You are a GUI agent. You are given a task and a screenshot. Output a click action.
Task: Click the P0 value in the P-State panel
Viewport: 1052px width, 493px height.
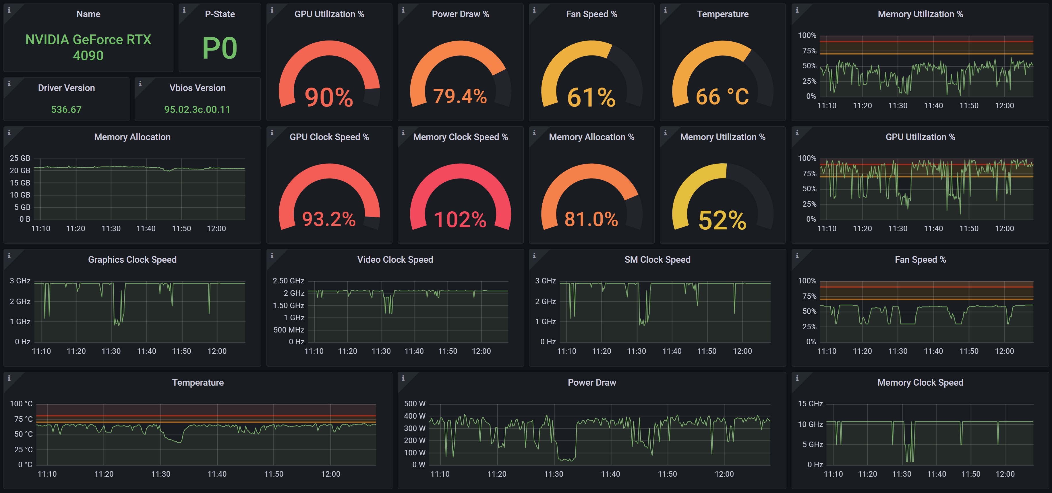click(x=220, y=48)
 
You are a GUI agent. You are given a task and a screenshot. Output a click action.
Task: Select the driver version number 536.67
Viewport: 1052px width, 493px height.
click(x=66, y=109)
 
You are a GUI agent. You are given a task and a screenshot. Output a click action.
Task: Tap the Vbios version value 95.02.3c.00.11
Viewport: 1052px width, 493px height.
click(x=197, y=109)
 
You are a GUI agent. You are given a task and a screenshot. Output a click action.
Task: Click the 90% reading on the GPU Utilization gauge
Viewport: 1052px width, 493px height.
click(x=329, y=97)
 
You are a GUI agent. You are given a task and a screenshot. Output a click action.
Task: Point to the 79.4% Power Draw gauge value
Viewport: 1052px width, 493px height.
click(x=460, y=96)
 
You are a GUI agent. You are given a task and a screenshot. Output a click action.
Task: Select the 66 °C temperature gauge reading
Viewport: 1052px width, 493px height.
click(x=722, y=97)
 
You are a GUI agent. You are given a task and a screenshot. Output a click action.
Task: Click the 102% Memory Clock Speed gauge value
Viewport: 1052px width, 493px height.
click(x=460, y=220)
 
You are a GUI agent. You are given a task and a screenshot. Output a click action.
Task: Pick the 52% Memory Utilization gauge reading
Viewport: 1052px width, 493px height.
click(x=722, y=220)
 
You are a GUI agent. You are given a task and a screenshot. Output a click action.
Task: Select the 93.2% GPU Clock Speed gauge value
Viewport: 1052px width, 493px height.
click(x=329, y=219)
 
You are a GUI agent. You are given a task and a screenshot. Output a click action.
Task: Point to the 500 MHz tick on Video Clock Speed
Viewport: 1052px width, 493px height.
click(x=289, y=330)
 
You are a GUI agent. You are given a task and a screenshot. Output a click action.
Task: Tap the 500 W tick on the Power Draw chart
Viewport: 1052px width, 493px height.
click(x=415, y=403)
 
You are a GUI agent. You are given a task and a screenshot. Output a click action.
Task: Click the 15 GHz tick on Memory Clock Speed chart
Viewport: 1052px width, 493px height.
click(x=810, y=403)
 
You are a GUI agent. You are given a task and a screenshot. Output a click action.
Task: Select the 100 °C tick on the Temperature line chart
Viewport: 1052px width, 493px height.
click(x=21, y=403)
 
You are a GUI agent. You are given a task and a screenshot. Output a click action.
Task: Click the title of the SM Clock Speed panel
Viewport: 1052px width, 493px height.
click(x=657, y=260)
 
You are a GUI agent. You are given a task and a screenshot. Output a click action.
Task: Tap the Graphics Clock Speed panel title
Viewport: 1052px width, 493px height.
click(x=132, y=260)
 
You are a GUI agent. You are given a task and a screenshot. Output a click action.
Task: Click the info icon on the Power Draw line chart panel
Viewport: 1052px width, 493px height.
click(x=403, y=378)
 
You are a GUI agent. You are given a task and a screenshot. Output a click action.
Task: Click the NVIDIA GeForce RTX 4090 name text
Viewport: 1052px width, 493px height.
click(x=88, y=47)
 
